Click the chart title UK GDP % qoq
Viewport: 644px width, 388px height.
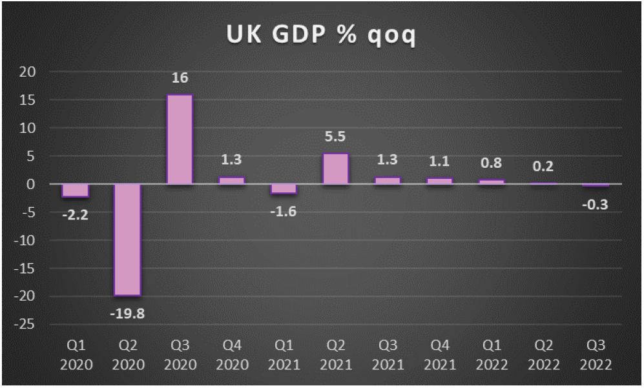pos(322,36)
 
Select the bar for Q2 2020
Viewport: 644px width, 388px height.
pos(128,240)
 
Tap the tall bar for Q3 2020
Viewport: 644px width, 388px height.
pos(180,139)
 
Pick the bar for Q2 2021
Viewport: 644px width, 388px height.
pos(335,169)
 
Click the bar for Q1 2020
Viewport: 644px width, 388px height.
pos(76,190)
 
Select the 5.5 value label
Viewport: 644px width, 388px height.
pos(335,138)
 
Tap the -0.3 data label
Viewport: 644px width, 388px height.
pos(595,206)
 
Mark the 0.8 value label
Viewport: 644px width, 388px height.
pos(491,164)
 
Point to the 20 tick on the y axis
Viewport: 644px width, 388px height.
pos(26,72)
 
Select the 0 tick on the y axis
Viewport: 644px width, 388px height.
pos(30,185)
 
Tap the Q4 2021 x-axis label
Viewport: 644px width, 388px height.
pos(439,356)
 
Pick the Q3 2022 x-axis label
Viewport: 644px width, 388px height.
pos(595,356)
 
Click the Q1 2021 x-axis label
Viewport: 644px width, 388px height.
pos(284,356)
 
